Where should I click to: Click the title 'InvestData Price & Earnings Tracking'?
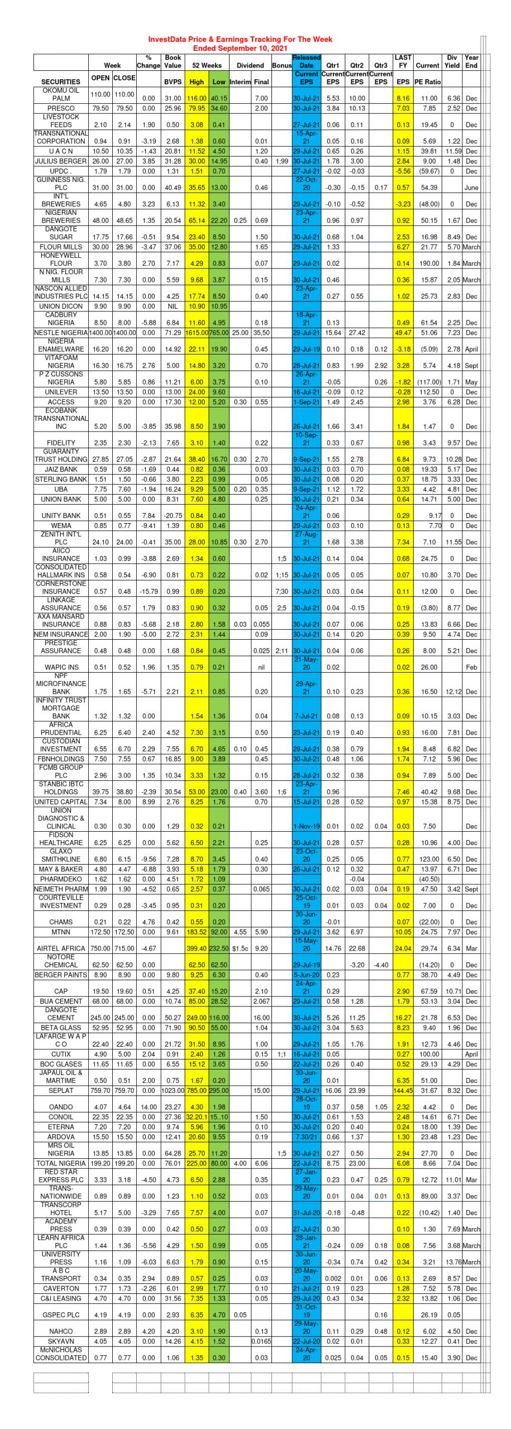coord(240,40)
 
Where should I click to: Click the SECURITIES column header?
coord(61,81)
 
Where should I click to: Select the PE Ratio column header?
coord(428,82)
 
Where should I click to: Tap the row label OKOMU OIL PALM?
coord(61,94)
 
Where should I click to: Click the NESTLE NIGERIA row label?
coord(61,333)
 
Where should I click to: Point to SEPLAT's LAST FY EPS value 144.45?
coord(403,1090)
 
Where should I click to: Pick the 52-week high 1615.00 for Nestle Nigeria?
coord(197,333)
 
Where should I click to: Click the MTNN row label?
coord(61,932)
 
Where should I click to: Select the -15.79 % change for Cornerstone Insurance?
coord(149,591)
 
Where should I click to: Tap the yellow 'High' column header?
coord(197,82)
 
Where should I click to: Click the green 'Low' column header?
coord(219,82)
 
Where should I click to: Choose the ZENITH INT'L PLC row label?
coord(61,538)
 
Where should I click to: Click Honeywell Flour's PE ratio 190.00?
coord(428,263)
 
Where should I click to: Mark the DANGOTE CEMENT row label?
coord(61,1014)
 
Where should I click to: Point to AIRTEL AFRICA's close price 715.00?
coord(124,948)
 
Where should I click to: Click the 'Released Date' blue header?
coord(307,61)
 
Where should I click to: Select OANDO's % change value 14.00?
coord(149,1107)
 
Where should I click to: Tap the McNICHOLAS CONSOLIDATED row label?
coord(61,1354)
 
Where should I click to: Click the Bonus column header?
coord(282,66)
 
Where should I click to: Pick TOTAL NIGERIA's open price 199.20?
coord(101,1163)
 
